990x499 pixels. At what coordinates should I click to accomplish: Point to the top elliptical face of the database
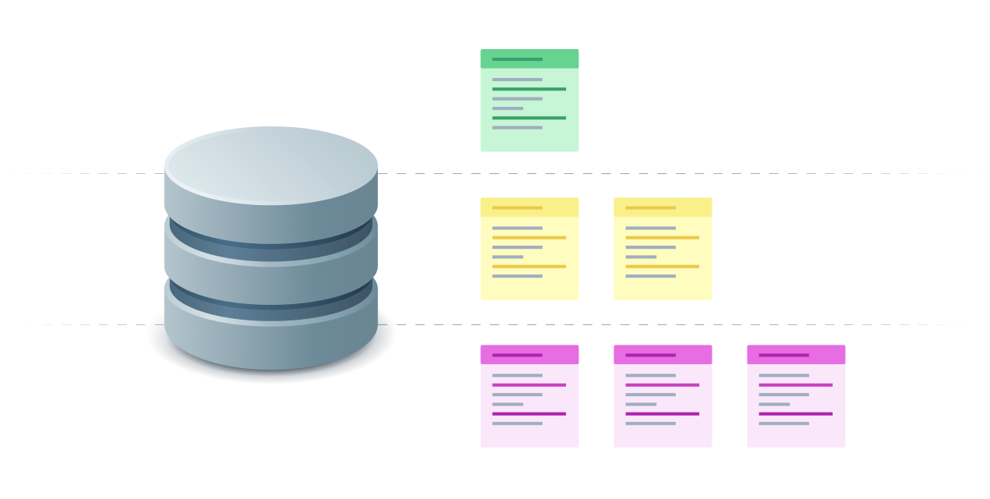pyautogui.click(x=271, y=165)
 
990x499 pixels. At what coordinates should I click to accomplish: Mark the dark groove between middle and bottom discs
pyautogui.click(x=271, y=300)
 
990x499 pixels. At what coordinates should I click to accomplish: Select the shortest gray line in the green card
pyautogui.click(x=507, y=108)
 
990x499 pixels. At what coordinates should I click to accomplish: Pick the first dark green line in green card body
pyautogui.click(x=529, y=89)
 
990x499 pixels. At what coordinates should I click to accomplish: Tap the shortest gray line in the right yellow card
pyautogui.click(x=641, y=257)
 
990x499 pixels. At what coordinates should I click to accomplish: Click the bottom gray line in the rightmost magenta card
pyautogui.click(x=783, y=423)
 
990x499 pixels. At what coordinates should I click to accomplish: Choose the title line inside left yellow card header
pyautogui.click(x=517, y=207)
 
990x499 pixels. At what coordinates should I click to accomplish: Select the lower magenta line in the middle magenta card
pyautogui.click(x=662, y=414)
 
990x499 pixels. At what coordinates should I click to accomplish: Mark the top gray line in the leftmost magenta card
pyautogui.click(x=517, y=375)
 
